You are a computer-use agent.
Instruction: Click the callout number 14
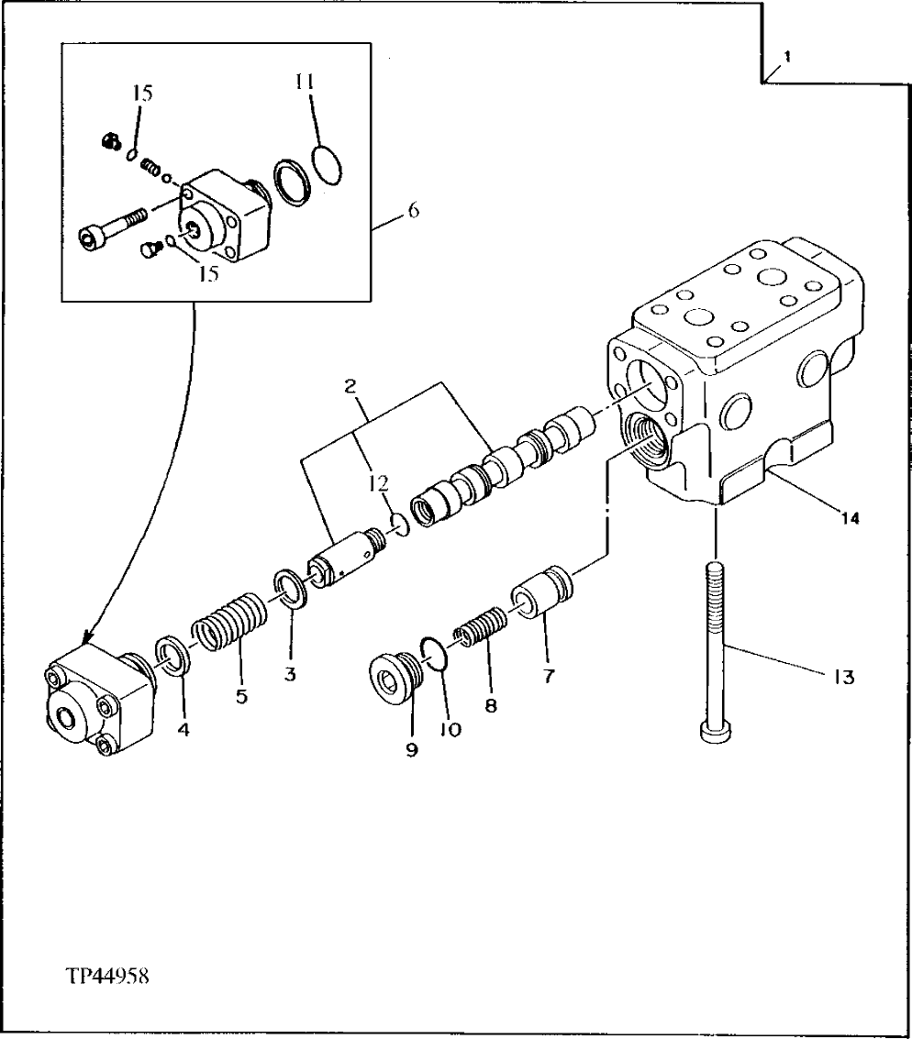(x=850, y=519)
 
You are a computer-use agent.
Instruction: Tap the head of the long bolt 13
(x=715, y=730)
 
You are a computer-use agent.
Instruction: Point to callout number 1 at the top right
(x=787, y=56)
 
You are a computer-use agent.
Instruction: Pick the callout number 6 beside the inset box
(x=413, y=211)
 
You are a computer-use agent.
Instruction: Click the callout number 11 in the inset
(x=305, y=82)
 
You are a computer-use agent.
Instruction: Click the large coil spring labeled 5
(x=228, y=625)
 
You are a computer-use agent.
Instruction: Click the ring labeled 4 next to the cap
(x=172, y=655)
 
